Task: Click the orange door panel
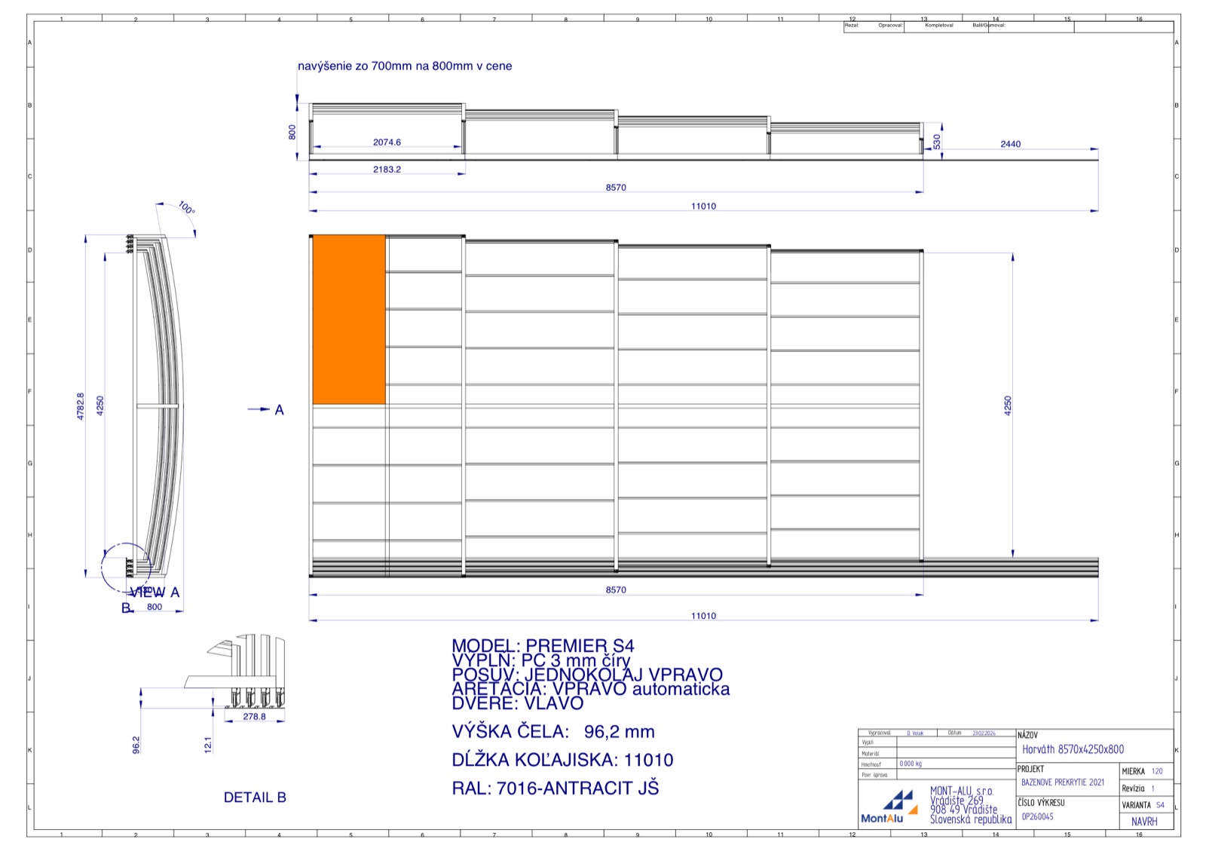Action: tap(348, 320)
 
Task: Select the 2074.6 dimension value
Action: tap(387, 142)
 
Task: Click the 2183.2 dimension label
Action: tap(387, 170)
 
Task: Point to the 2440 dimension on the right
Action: tap(1010, 144)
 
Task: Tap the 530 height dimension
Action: tap(937, 142)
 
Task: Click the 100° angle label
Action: tap(186, 207)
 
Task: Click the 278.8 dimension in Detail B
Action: tap(254, 717)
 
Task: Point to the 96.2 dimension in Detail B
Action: tap(136, 745)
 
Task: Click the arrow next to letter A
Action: tap(259, 409)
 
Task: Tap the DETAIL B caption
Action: tap(255, 797)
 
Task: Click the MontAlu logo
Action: tap(893, 807)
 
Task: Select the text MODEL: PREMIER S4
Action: tap(543, 646)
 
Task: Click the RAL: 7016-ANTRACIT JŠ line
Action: tap(555, 788)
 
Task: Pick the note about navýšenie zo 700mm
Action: tap(405, 66)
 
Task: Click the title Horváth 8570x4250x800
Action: tap(1073, 749)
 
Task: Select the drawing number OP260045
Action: tap(1037, 816)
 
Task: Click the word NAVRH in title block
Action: tap(1143, 822)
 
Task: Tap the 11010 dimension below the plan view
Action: tap(703, 616)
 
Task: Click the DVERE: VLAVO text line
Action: tap(517, 703)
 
